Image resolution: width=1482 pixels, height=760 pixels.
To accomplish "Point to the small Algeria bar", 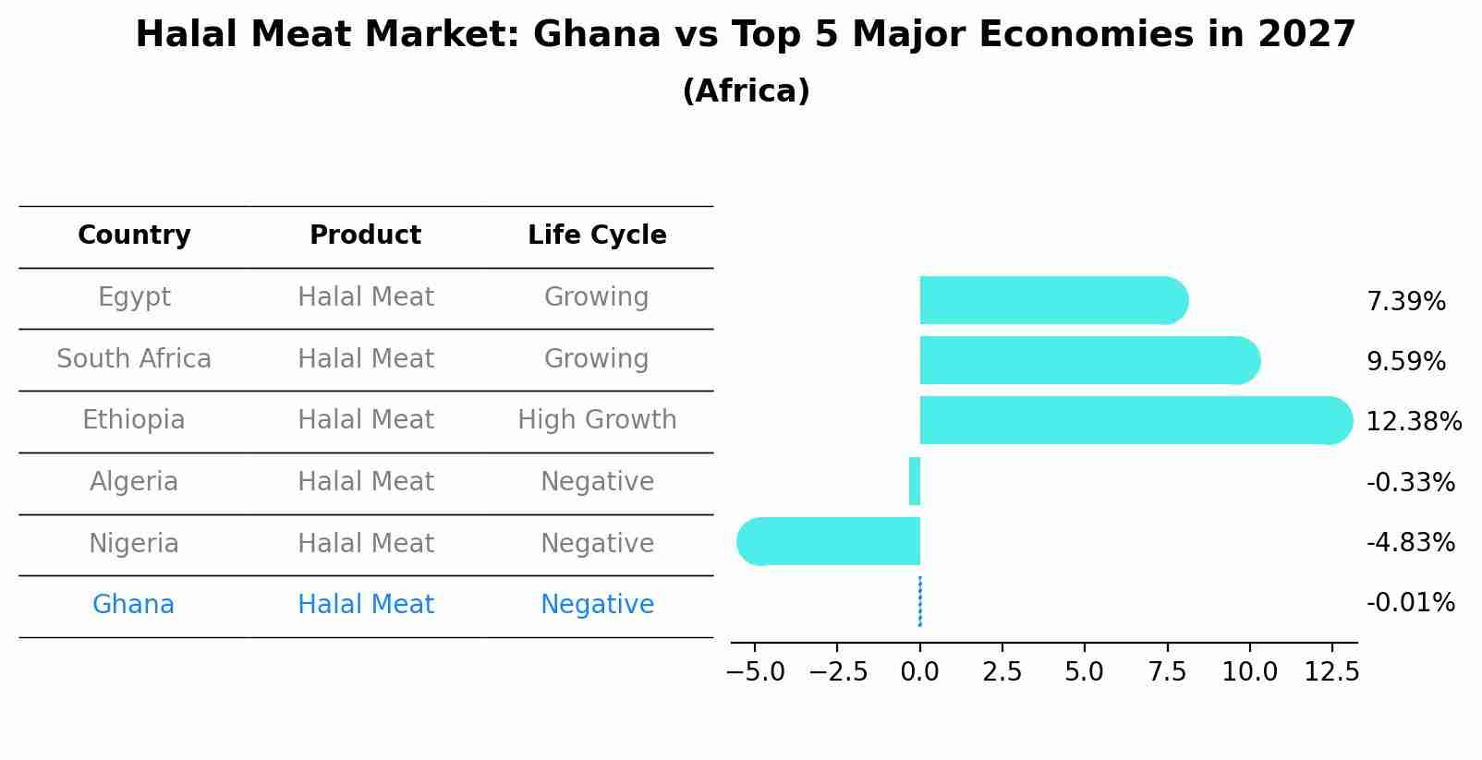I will coord(915,481).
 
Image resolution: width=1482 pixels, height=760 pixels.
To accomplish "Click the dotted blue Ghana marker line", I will coord(920,601).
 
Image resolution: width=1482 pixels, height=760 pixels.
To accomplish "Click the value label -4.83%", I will coord(1410,542).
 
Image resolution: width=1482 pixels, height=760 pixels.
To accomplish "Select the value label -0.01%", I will coord(1410,603).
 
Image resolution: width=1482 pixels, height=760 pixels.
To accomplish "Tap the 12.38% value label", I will coord(1413,422).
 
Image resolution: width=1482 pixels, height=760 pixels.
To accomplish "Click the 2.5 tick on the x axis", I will coord(1002,672).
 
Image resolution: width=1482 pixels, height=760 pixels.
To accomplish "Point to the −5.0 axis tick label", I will coord(756,672).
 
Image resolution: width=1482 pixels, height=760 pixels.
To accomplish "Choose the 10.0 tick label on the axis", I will coord(1249,672).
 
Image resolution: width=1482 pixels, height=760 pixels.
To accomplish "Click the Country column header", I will coord(134,235).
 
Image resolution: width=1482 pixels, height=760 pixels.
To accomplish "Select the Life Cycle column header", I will coord(597,235).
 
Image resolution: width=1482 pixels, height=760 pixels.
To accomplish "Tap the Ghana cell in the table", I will coord(133,605).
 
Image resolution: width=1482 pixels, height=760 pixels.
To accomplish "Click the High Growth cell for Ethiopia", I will coord(597,420).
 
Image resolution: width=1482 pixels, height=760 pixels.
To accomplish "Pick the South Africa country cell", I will coord(134,358).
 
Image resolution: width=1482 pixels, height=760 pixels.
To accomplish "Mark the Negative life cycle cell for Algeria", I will coord(597,482).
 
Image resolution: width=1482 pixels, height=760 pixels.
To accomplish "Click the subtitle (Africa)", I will coord(746,91).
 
